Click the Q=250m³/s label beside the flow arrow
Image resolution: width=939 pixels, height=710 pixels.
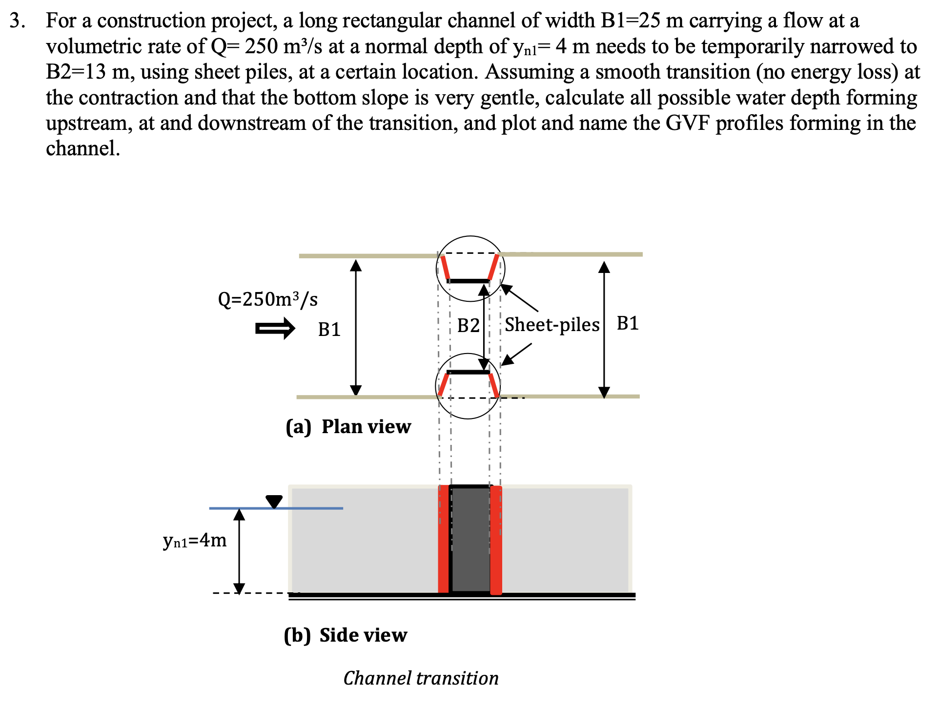tap(267, 299)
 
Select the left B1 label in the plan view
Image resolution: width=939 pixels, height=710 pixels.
tap(329, 330)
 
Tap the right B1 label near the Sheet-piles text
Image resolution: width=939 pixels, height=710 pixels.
tap(628, 323)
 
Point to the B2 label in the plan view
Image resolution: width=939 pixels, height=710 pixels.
tap(468, 325)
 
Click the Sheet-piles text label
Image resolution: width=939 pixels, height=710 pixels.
tap(551, 325)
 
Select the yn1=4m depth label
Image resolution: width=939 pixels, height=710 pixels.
tap(195, 540)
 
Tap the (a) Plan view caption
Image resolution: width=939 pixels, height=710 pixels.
tap(348, 427)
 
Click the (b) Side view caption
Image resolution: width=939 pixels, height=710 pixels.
tap(345, 635)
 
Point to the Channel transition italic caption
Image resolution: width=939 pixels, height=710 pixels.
tap(421, 678)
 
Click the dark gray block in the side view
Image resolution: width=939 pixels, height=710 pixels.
tap(470, 540)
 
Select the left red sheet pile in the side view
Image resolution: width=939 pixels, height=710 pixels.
tap(443, 540)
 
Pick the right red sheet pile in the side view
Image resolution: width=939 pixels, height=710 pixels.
tap(496, 540)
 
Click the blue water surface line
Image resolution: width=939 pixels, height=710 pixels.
tap(312, 508)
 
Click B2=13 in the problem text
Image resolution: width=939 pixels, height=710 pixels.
tap(76, 72)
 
